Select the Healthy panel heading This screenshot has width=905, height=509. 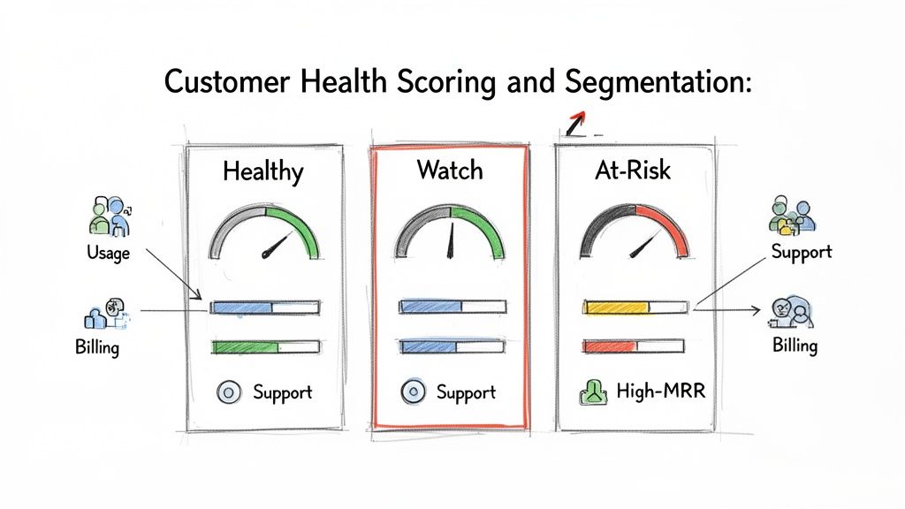(262, 171)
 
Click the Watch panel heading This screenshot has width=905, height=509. (449, 169)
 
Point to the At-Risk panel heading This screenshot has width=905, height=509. (633, 169)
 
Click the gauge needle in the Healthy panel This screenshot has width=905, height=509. (277, 247)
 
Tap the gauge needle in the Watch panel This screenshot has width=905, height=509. (451, 240)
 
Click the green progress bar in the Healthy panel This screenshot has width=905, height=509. (245, 347)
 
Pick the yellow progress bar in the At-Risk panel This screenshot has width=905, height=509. (616, 307)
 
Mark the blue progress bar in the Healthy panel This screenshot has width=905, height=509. (241, 308)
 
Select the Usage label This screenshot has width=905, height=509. (109, 254)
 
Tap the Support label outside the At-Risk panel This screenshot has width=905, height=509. (802, 252)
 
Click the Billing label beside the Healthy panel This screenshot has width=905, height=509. (97, 347)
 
